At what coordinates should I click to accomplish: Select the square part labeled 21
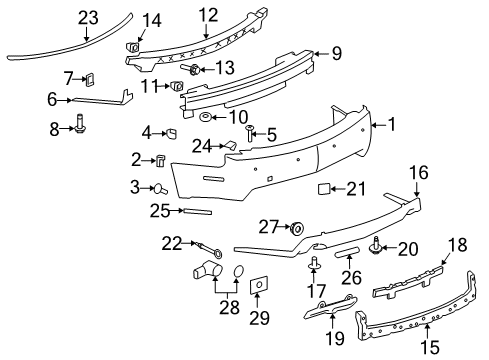pyautogui.click(x=324, y=187)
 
